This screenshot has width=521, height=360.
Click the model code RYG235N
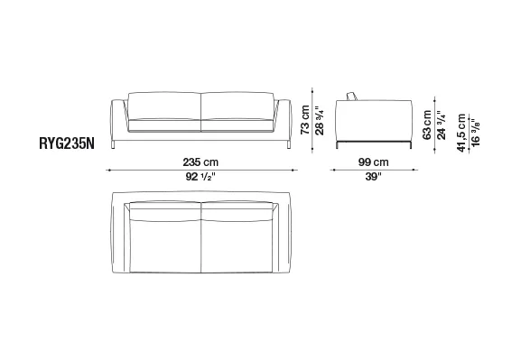pyautogui.click(x=67, y=143)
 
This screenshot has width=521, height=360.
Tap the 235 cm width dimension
pyautogui.click(x=200, y=162)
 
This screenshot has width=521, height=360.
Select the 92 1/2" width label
pyautogui.click(x=200, y=177)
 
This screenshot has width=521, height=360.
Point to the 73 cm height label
pyautogui.click(x=305, y=120)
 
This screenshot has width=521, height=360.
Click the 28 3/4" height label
pyautogui.click(x=319, y=120)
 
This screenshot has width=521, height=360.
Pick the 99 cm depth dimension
pyautogui.click(x=374, y=162)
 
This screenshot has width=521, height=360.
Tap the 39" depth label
pyautogui.click(x=374, y=177)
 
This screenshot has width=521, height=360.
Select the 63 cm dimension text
pyautogui.click(x=427, y=125)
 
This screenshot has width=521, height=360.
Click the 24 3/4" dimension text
pyautogui.click(x=442, y=125)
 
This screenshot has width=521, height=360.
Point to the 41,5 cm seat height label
pyautogui.click(x=461, y=133)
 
